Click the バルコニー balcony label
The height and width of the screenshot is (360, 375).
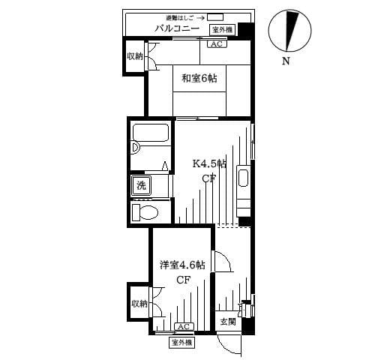tap(177, 28)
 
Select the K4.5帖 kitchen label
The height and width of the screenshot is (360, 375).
tap(210, 163)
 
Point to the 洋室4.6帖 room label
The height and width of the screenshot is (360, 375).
tap(182, 265)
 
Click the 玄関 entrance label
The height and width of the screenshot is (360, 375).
tap(228, 321)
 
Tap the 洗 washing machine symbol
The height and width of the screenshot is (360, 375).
tap(140, 184)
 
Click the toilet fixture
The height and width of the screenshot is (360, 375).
tap(145, 212)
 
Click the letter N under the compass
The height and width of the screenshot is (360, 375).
tap(286, 61)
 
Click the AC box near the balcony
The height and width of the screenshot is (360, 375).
tap(216, 44)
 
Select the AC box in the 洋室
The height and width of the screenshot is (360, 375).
tap(184, 326)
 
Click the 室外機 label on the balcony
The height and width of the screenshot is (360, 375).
tap(223, 29)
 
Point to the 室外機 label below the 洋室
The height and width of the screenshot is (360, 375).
tap(182, 342)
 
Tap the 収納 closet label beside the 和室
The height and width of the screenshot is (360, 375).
tap(135, 56)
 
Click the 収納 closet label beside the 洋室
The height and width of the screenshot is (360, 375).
tap(139, 304)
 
